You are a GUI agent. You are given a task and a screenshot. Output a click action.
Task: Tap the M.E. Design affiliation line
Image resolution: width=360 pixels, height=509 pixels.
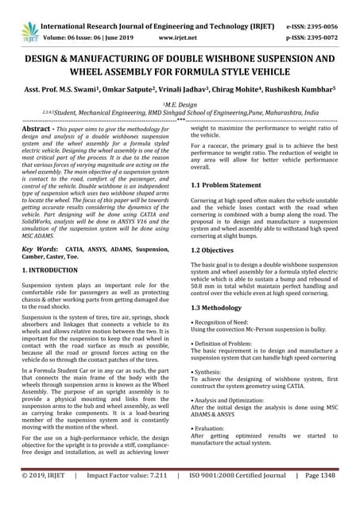tap(180, 105)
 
